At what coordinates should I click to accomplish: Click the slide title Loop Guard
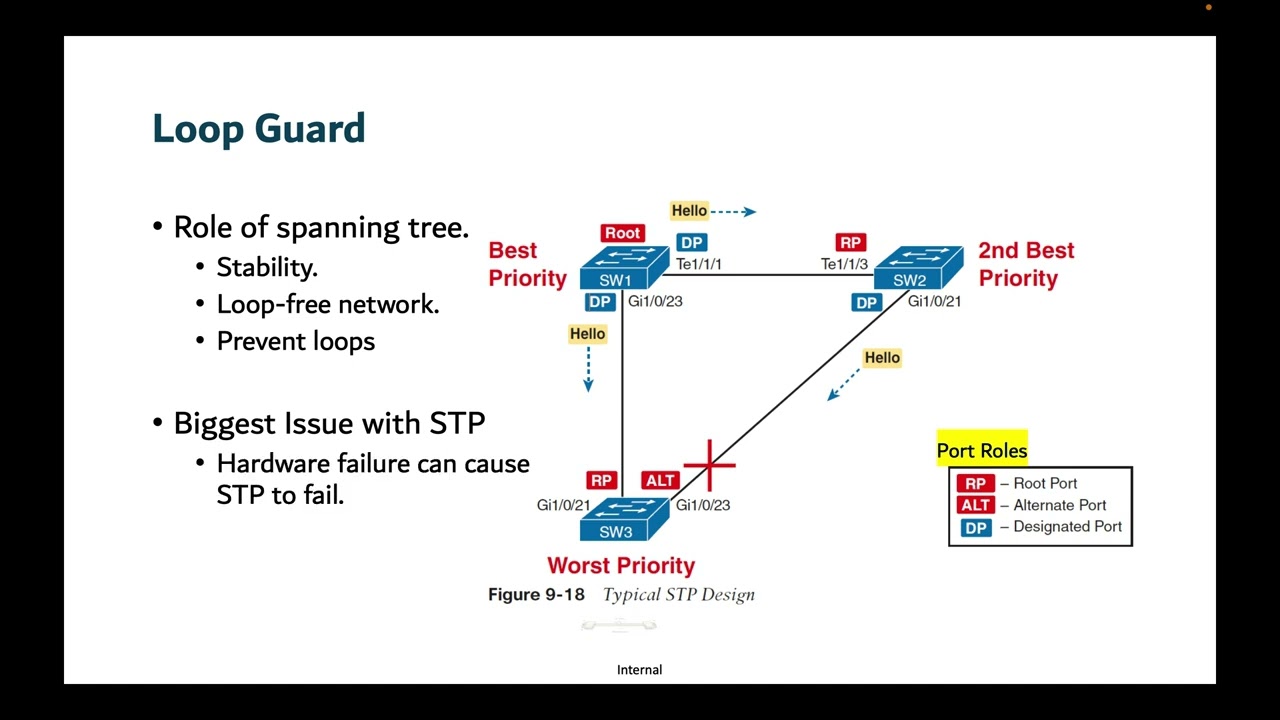[x=259, y=129]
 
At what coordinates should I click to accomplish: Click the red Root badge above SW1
[x=622, y=233]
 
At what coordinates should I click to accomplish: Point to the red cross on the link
[x=710, y=465]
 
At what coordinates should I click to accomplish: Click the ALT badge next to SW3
[x=660, y=481]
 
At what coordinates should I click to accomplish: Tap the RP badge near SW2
[x=850, y=242]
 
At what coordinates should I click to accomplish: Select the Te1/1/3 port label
[x=844, y=264]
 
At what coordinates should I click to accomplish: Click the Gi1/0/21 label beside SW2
[x=934, y=301]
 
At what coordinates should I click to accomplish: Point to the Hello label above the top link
[x=689, y=210]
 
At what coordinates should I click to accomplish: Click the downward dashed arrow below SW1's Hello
[x=588, y=369]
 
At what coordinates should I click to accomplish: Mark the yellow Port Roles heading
[x=982, y=451]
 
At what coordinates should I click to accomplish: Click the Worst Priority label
[x=621, y=566]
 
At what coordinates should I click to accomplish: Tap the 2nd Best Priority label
[x=1026, y=264]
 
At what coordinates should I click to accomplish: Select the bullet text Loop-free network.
[x=328, y=304]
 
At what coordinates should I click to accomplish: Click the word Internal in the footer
[x=639, y=670]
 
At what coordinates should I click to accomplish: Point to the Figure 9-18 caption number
[x=536, y=595]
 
